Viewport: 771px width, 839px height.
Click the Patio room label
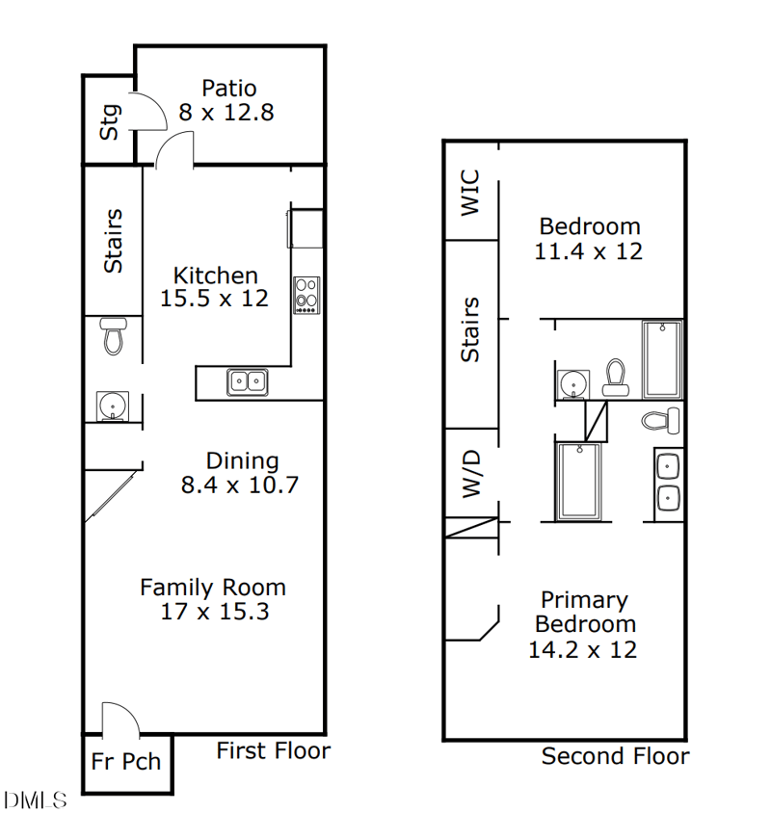[x=229, y=89]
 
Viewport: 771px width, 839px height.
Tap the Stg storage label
[x=110, y=122]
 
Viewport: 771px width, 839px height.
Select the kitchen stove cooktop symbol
[x=306, y=295]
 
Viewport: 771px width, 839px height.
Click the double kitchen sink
[x=247, y=382]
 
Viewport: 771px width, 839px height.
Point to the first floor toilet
[x=113, y=335]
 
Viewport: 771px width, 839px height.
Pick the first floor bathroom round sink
[x=113, y=406]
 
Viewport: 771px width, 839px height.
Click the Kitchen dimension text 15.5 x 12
[x=214, y=299]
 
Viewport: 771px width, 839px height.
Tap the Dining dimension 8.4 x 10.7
[x=239, y=485]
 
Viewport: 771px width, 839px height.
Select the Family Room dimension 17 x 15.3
[x=215, y=612]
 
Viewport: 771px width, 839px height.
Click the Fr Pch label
[x=126, y=761]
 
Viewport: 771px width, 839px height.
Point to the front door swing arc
[x=121, y=718]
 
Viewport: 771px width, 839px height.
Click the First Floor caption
[x=273, y=750]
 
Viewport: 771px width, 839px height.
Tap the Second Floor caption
[x=615, y=756]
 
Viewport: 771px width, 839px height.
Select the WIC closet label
[x=470, y=193]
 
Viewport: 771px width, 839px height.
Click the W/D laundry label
[x=471, y=474]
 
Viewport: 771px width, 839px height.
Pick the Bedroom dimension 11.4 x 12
[x=589, y=251]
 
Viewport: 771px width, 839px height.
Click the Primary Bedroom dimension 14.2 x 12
[x=582, y=650]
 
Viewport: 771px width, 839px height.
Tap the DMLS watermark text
[x=35, y=800]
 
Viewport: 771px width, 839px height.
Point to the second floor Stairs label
[x=470, y=329]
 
